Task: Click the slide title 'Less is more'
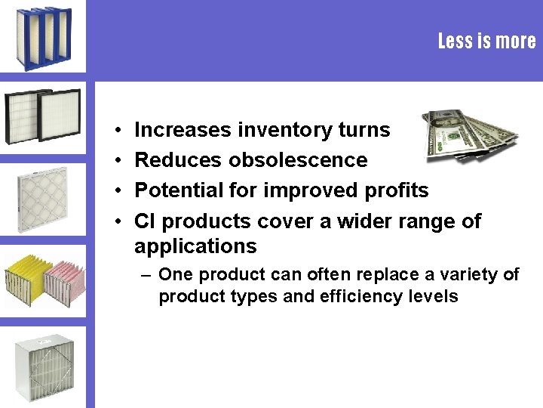486,41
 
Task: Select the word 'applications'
195,246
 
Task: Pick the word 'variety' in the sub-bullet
475,274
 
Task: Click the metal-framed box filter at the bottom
44,366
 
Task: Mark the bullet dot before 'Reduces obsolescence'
120,161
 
